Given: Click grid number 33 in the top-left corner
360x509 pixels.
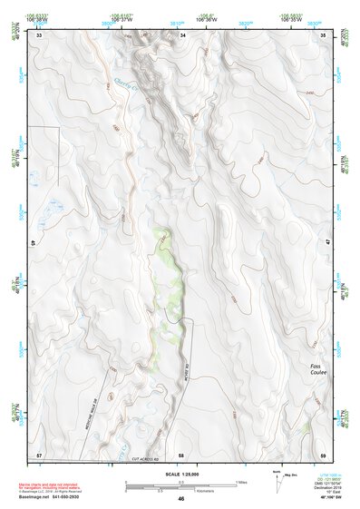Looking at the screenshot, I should [39, 35].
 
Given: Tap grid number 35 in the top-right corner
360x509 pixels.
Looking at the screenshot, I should [324, 35].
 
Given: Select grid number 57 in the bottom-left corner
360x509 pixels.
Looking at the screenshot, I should [39, 453].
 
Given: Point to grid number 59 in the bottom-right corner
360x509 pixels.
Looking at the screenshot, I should [324, 453].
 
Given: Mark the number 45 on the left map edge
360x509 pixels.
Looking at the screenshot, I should [35, 243].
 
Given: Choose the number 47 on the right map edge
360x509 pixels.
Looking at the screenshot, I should [327, 243].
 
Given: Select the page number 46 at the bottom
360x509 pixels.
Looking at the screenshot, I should [181, 500].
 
